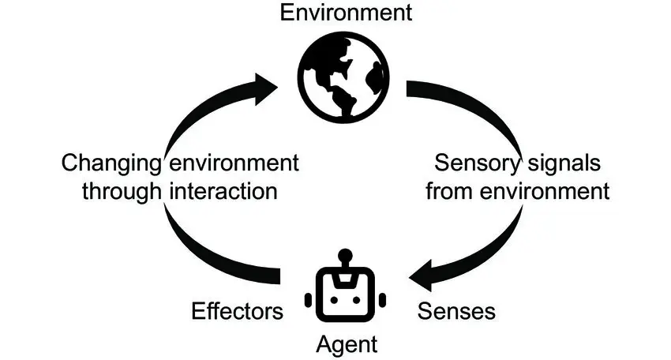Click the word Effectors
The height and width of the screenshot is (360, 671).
[237, 311]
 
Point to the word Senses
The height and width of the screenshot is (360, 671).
[455, 311]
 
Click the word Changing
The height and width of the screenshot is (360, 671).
[111, 164]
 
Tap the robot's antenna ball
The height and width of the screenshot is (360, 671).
[343, 256]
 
